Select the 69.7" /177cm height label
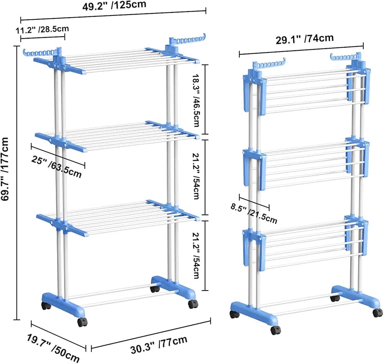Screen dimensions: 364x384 tap(6, 169)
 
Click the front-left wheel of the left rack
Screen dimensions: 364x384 tap(45, 306)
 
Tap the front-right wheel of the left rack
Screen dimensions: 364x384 tap(192, 304)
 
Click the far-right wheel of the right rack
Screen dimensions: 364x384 tap(377, 312)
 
